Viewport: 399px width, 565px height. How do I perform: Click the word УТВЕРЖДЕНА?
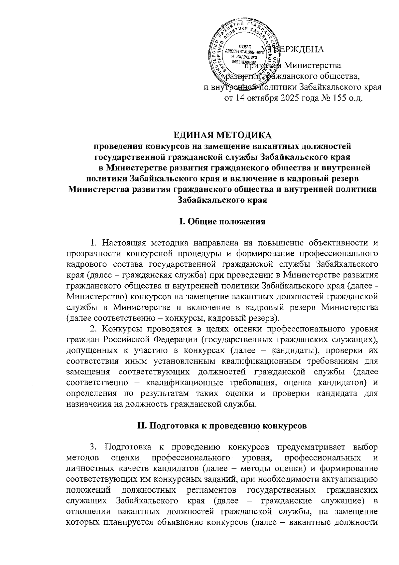click(x=293, y=50)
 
